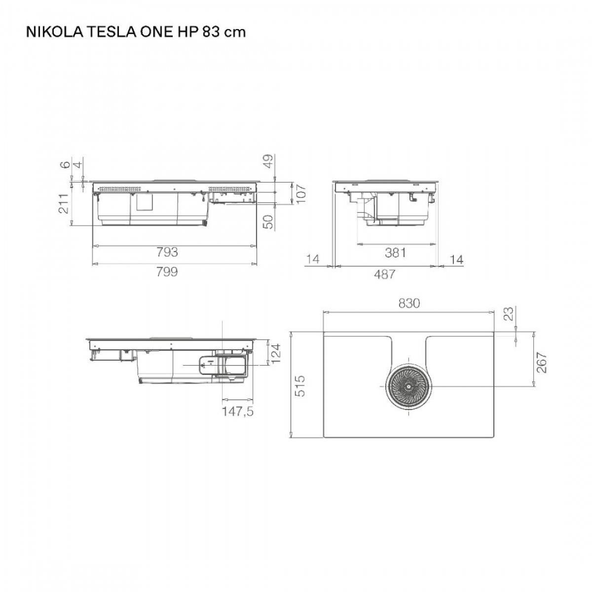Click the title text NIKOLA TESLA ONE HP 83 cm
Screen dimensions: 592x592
coord(135,32)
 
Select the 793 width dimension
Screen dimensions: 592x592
coord(167,253)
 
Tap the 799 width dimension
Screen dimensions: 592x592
coord(167,272)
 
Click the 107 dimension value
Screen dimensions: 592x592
coord(301,194)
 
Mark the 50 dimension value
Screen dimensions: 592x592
coord(268,221)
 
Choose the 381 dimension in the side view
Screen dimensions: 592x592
coord(395,253)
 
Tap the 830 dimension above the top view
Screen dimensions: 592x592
coord(409,303)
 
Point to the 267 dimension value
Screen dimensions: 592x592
coord(543,363)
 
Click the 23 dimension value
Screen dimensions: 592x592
coord(509,314)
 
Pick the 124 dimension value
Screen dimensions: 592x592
coord(277,352)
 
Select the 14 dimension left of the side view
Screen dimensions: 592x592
coord(313,259)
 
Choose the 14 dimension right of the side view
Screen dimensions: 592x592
coord(457,259)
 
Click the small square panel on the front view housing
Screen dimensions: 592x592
coord(144,203)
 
